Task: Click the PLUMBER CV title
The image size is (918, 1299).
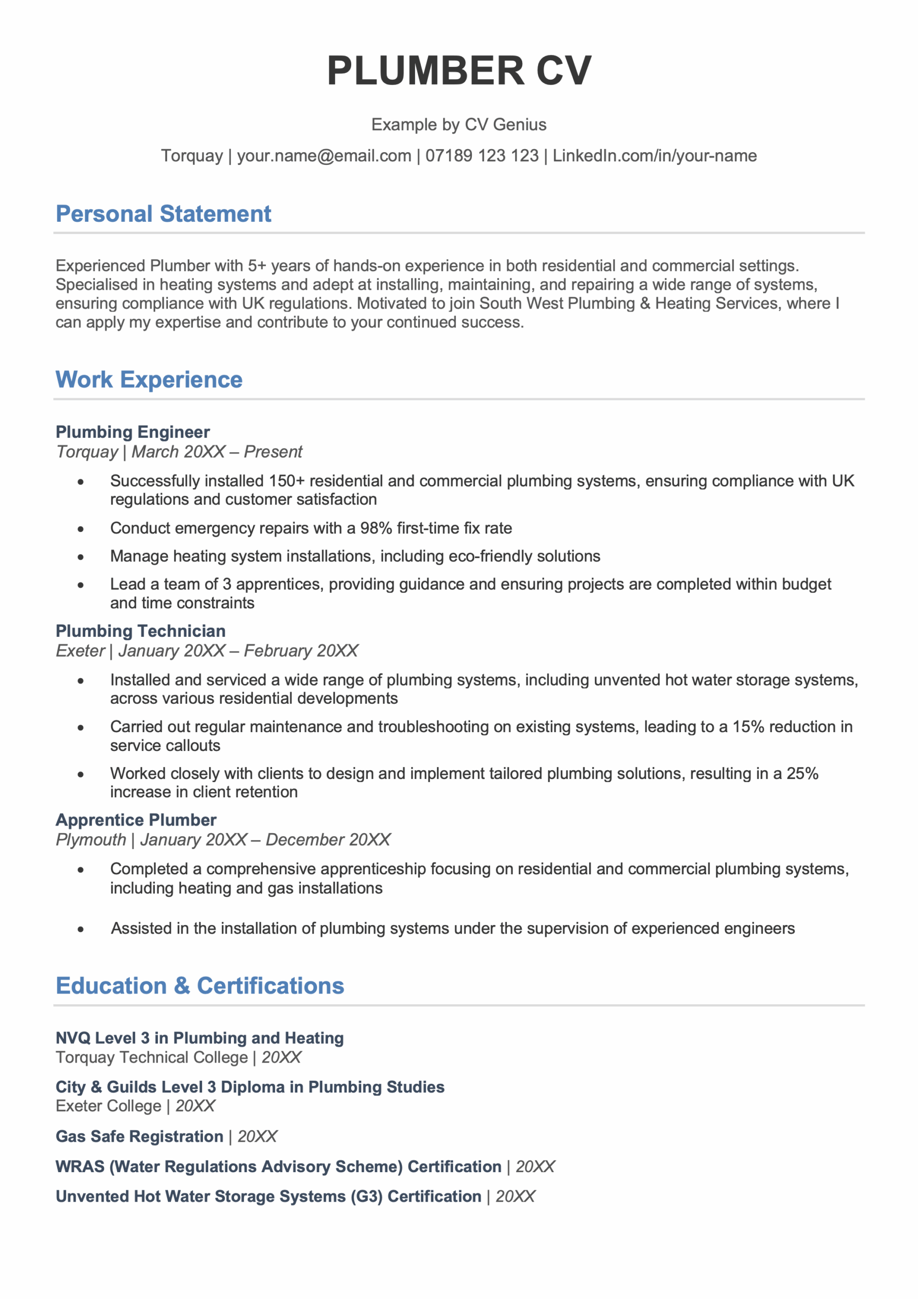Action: click(x=458, y=71)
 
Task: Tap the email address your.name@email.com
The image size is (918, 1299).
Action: click(x=324, y=156)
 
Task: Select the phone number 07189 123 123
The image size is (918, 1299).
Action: click(x=482, y=156)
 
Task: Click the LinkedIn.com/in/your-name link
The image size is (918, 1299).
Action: click(x=654, y=156)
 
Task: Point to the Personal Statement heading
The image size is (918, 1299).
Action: click(x=163, y=214)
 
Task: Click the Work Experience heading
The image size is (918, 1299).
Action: click(x=149, y=380)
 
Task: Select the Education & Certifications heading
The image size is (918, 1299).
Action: click(x=200, y=985)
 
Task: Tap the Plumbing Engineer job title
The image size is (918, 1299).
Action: click(x=132, y=432)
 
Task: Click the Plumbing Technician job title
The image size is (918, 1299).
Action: click(x=141, y=631)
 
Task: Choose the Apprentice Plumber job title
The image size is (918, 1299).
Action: click(x=136, y=820)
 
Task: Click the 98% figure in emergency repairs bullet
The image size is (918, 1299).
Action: click(x=376, y=528)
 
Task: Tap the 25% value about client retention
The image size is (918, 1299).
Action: click(x=802, y=774)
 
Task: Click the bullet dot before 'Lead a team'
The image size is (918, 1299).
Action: click(x=81, y=586)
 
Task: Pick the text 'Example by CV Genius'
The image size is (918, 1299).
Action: click(x=458, y=124)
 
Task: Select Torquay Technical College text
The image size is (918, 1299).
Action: click(x=152, y=1057)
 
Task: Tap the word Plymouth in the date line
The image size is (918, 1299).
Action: click(x=90, y=840)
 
